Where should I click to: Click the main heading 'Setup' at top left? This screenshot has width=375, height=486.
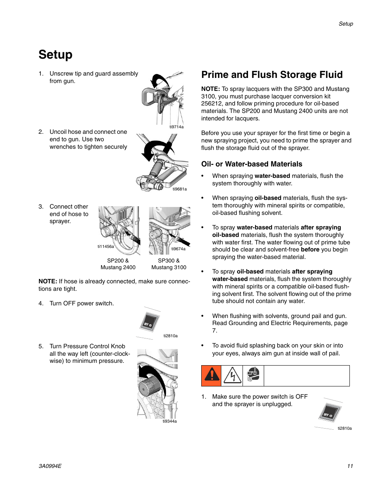tap(55, 55)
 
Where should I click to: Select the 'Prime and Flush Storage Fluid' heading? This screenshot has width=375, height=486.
tap(272, 75)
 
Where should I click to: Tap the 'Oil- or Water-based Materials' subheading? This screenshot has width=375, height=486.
tap(252, 164)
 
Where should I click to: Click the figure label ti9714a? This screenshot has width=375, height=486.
tap(176, 127)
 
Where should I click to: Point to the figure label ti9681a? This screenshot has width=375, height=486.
tap(180, 189)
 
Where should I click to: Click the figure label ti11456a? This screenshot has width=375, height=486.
tap(106, 247)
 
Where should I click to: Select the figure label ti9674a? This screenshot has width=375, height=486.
tap(178, 249)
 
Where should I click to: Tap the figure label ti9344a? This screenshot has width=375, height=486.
tap(169, 421)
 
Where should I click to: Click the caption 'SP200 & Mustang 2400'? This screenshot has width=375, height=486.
tap(118, 264)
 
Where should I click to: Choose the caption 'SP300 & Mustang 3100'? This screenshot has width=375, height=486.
tap(169, 264)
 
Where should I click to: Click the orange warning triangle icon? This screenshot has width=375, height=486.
tap(211, 375)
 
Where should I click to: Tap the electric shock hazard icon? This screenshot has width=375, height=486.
tap(232, 375)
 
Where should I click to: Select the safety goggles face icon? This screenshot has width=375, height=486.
tap(253, 375)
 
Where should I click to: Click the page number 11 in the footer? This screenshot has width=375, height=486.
tap(350, 466)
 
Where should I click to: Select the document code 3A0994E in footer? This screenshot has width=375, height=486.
tap(50, 466)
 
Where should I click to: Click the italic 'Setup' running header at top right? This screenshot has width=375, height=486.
tap(346, 24)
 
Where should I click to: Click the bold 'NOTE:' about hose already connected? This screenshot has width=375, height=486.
tap(48, 281)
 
